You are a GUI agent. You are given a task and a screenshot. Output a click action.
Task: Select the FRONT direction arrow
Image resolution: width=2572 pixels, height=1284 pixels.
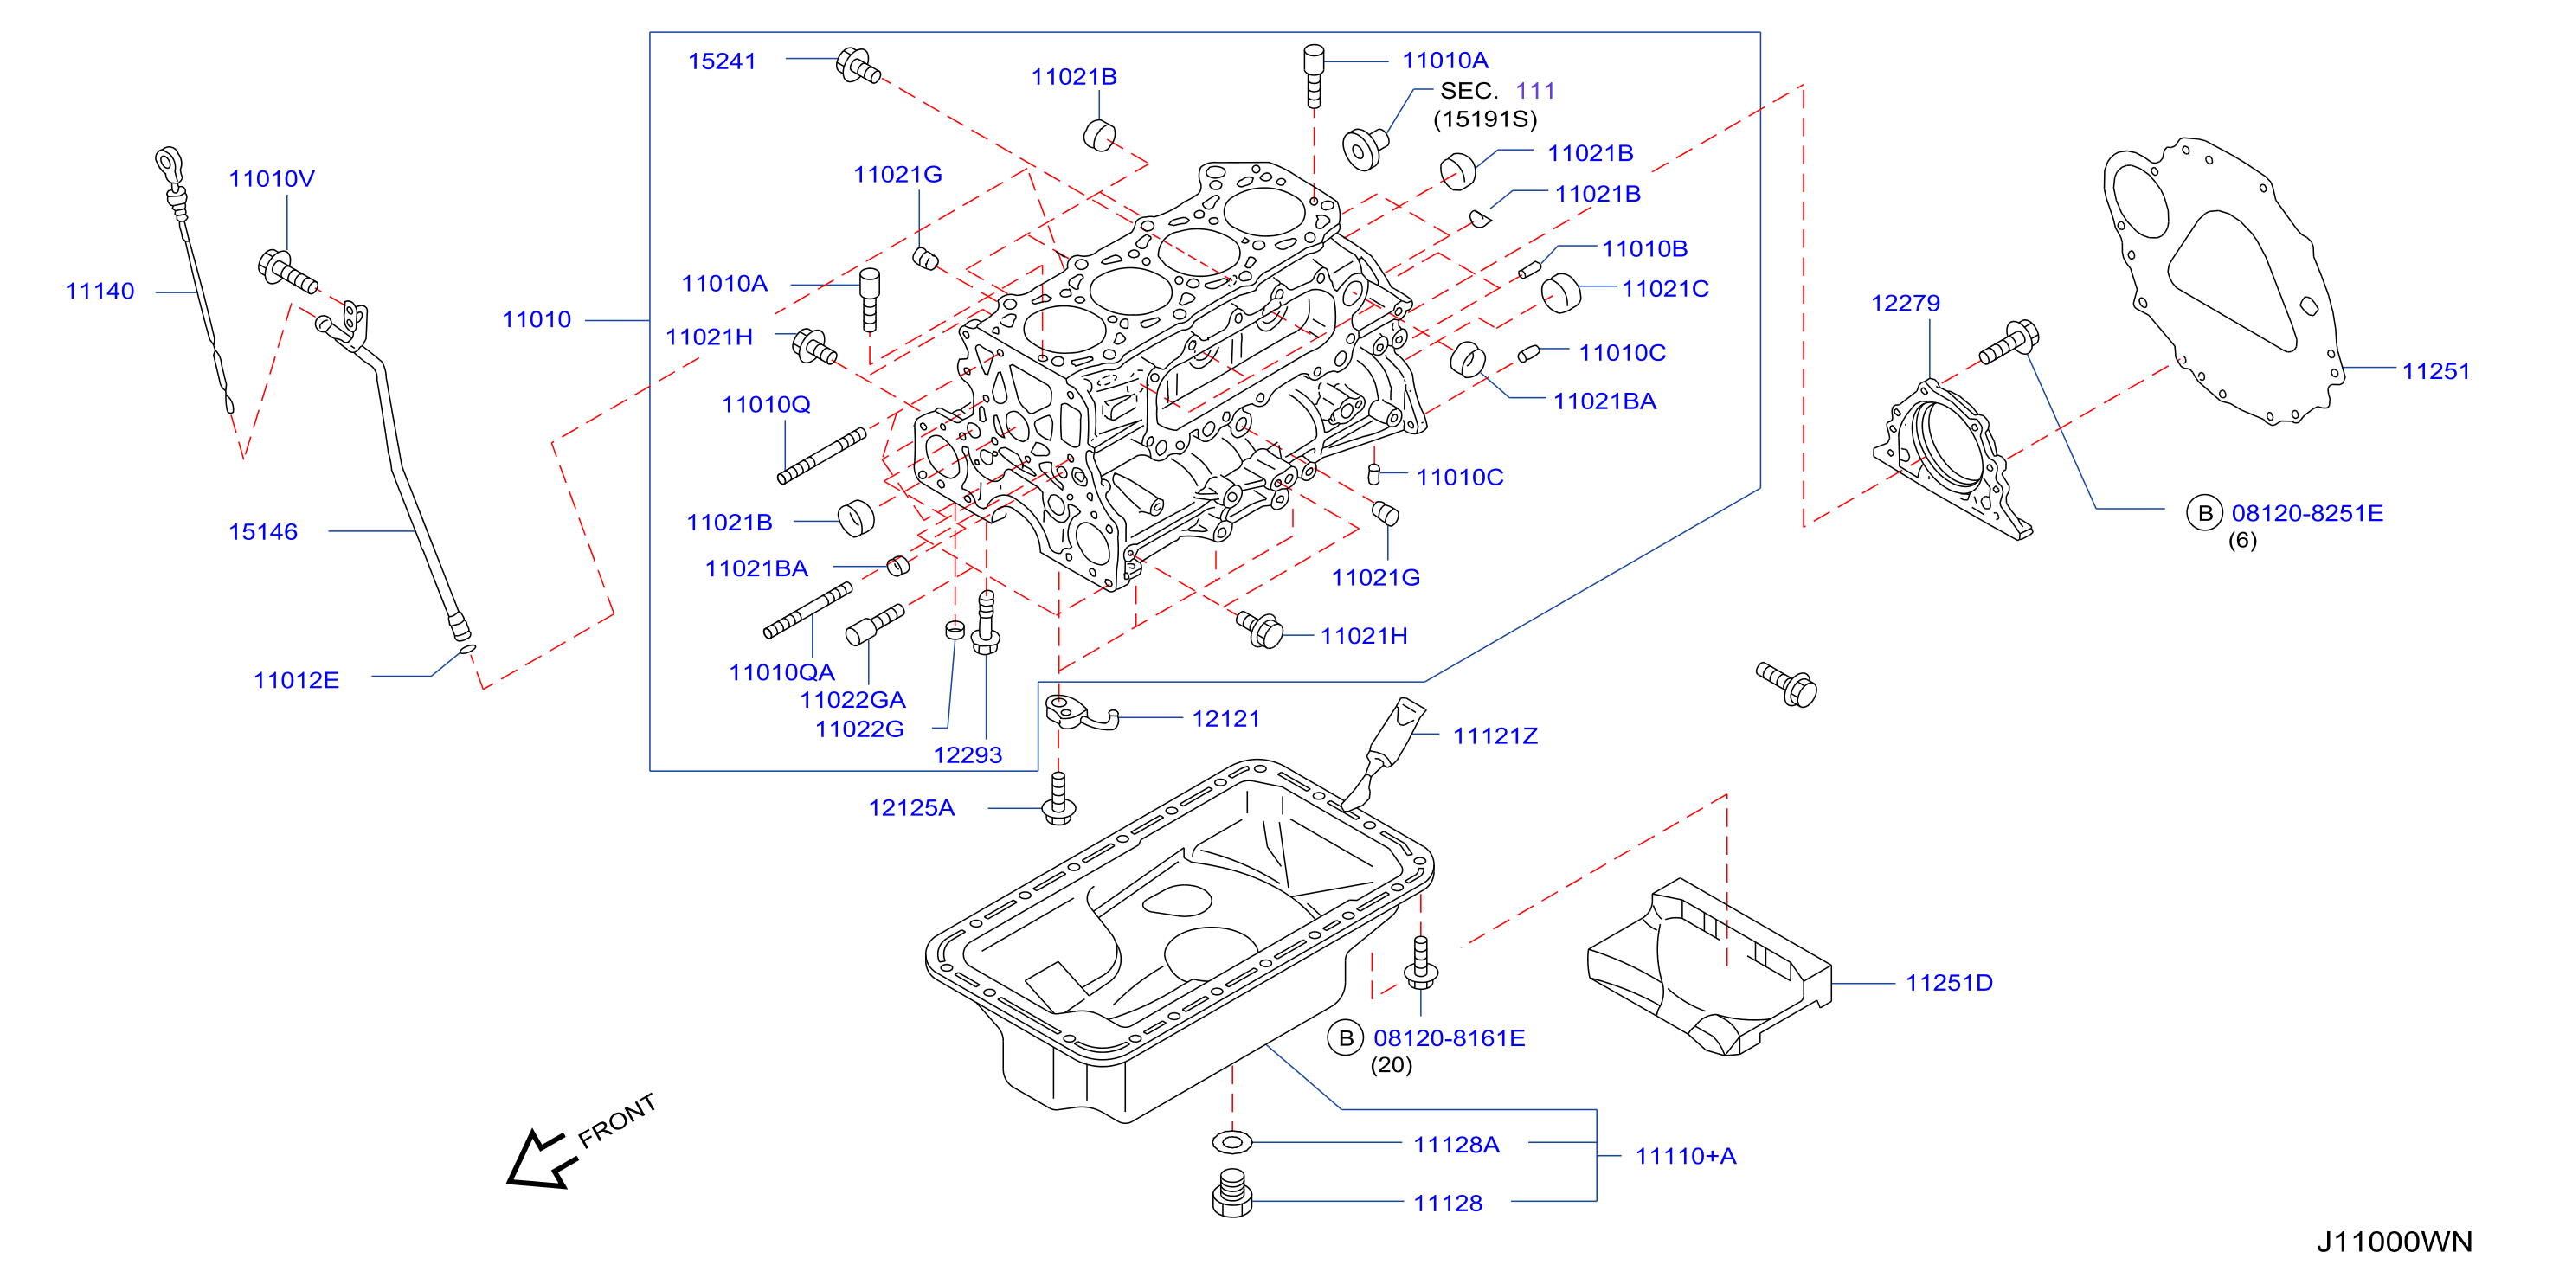tap(539, 1159)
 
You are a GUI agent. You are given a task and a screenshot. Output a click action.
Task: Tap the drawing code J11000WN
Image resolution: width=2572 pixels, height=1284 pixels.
tap(2395, 1242)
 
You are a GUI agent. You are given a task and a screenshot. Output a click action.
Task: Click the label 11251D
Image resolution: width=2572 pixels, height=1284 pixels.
tap(1949, 983)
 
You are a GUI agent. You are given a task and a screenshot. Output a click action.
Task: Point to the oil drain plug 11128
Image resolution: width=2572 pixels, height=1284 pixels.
tap(1232, 1194)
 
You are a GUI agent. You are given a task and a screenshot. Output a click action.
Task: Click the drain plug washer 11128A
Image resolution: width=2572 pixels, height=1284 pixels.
tap(1232, 1141)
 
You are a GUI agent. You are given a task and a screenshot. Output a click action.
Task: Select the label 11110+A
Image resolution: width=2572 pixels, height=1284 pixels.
tap(1685, 1156)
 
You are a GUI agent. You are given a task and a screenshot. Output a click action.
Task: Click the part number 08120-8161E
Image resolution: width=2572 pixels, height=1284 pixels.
tap(1449, 1038)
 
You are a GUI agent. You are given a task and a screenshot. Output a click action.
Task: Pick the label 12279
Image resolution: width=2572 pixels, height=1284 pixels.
tap(1905, 303)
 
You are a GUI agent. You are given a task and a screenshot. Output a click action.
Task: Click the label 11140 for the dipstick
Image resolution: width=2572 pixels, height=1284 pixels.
tap(100, 291)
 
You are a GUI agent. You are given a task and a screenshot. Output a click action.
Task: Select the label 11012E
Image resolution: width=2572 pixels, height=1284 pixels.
tap(297, 680)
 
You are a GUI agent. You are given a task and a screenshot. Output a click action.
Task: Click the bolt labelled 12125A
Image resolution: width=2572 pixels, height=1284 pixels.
tap(1058, 799)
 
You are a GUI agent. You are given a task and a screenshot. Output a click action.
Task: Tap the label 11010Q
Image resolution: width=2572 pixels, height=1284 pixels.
tap(766, 404)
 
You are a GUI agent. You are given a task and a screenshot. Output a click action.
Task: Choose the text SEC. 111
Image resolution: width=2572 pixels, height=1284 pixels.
tap(1496, 91)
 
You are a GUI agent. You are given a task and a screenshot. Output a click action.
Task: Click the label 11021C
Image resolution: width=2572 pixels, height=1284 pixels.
tap(1665, 288)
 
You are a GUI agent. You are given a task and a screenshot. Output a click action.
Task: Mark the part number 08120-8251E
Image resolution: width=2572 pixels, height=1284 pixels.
tap(2307, 513)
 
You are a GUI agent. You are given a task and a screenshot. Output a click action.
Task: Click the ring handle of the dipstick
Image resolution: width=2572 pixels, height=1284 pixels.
tap(169, 161)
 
